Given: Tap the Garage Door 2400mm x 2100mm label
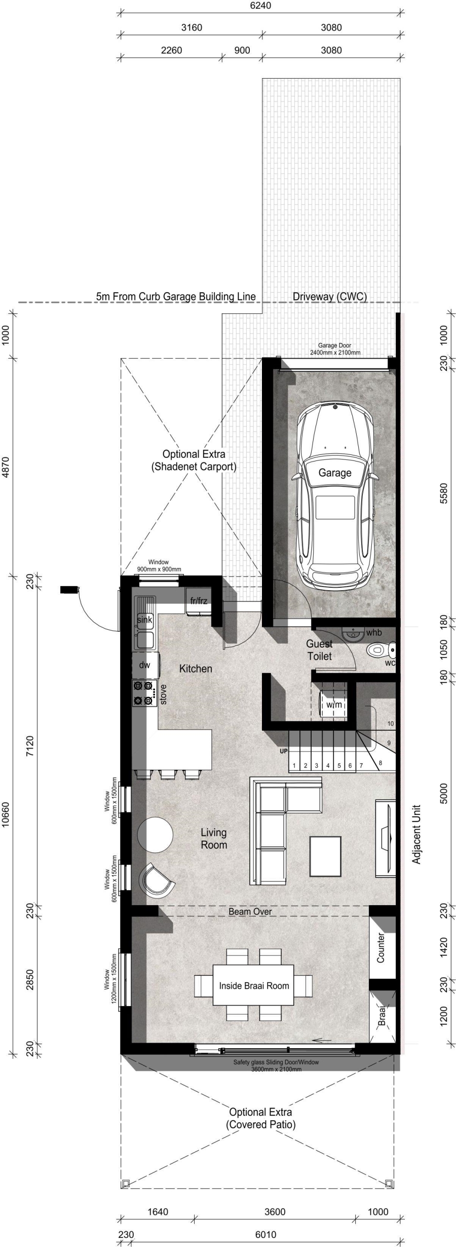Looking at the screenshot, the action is click(x=335, y=349).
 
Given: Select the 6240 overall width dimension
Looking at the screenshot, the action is click(x=260, y=6).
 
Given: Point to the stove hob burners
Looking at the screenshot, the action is click(x=143, y=693).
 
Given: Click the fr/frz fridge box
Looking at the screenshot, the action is click(x=198, y=602).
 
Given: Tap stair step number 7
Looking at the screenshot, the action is click(x=361, y=765).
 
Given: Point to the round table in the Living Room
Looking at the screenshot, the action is click(x=155, y=834).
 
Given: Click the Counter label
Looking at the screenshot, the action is click(x=381, y=947).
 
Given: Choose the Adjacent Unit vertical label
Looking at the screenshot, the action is click(x=416, y=834).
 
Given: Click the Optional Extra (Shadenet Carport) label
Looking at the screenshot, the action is click(x=194, y=460).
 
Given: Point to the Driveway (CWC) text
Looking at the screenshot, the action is click(x=330, y=297).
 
